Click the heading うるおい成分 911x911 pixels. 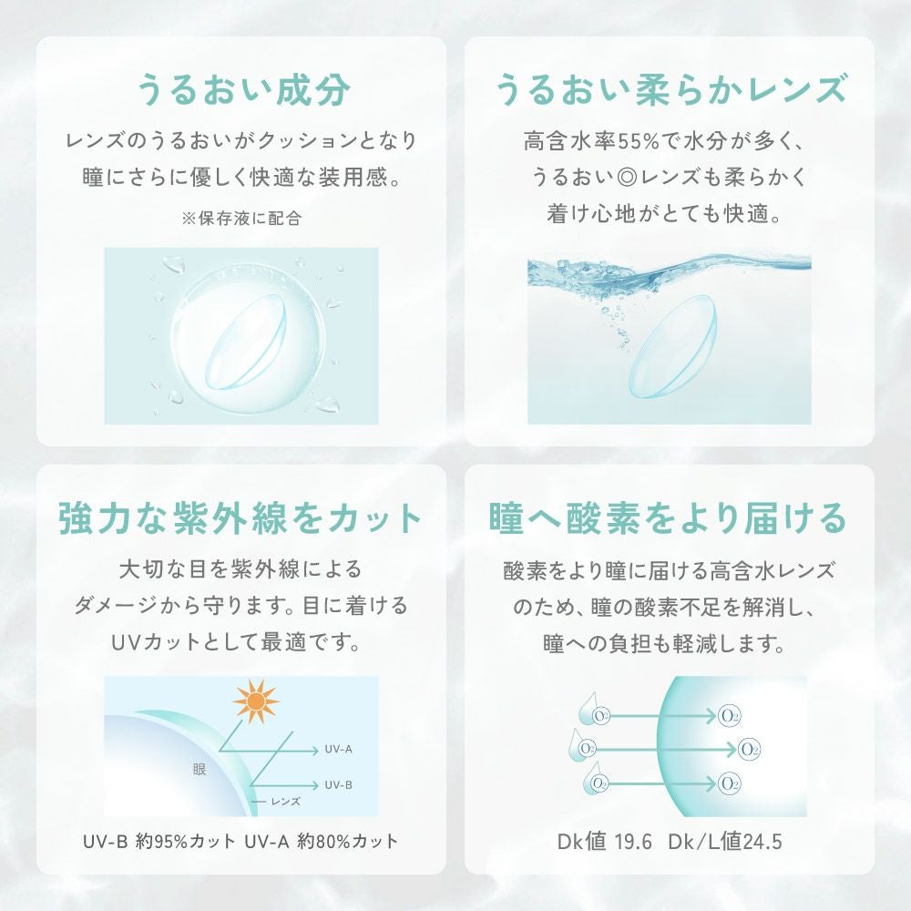[x=241, y=93]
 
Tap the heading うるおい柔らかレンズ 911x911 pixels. [x=670, y=93]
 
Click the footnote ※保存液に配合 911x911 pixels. [x=241, y=218]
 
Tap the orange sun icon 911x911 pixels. [x=255, y=701]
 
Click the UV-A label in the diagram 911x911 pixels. [x=338, y=750]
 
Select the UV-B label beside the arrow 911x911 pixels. [x=338, y=783]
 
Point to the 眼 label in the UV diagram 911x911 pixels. [x=200, y=769]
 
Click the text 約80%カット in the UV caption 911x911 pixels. [x=351, y=839]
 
